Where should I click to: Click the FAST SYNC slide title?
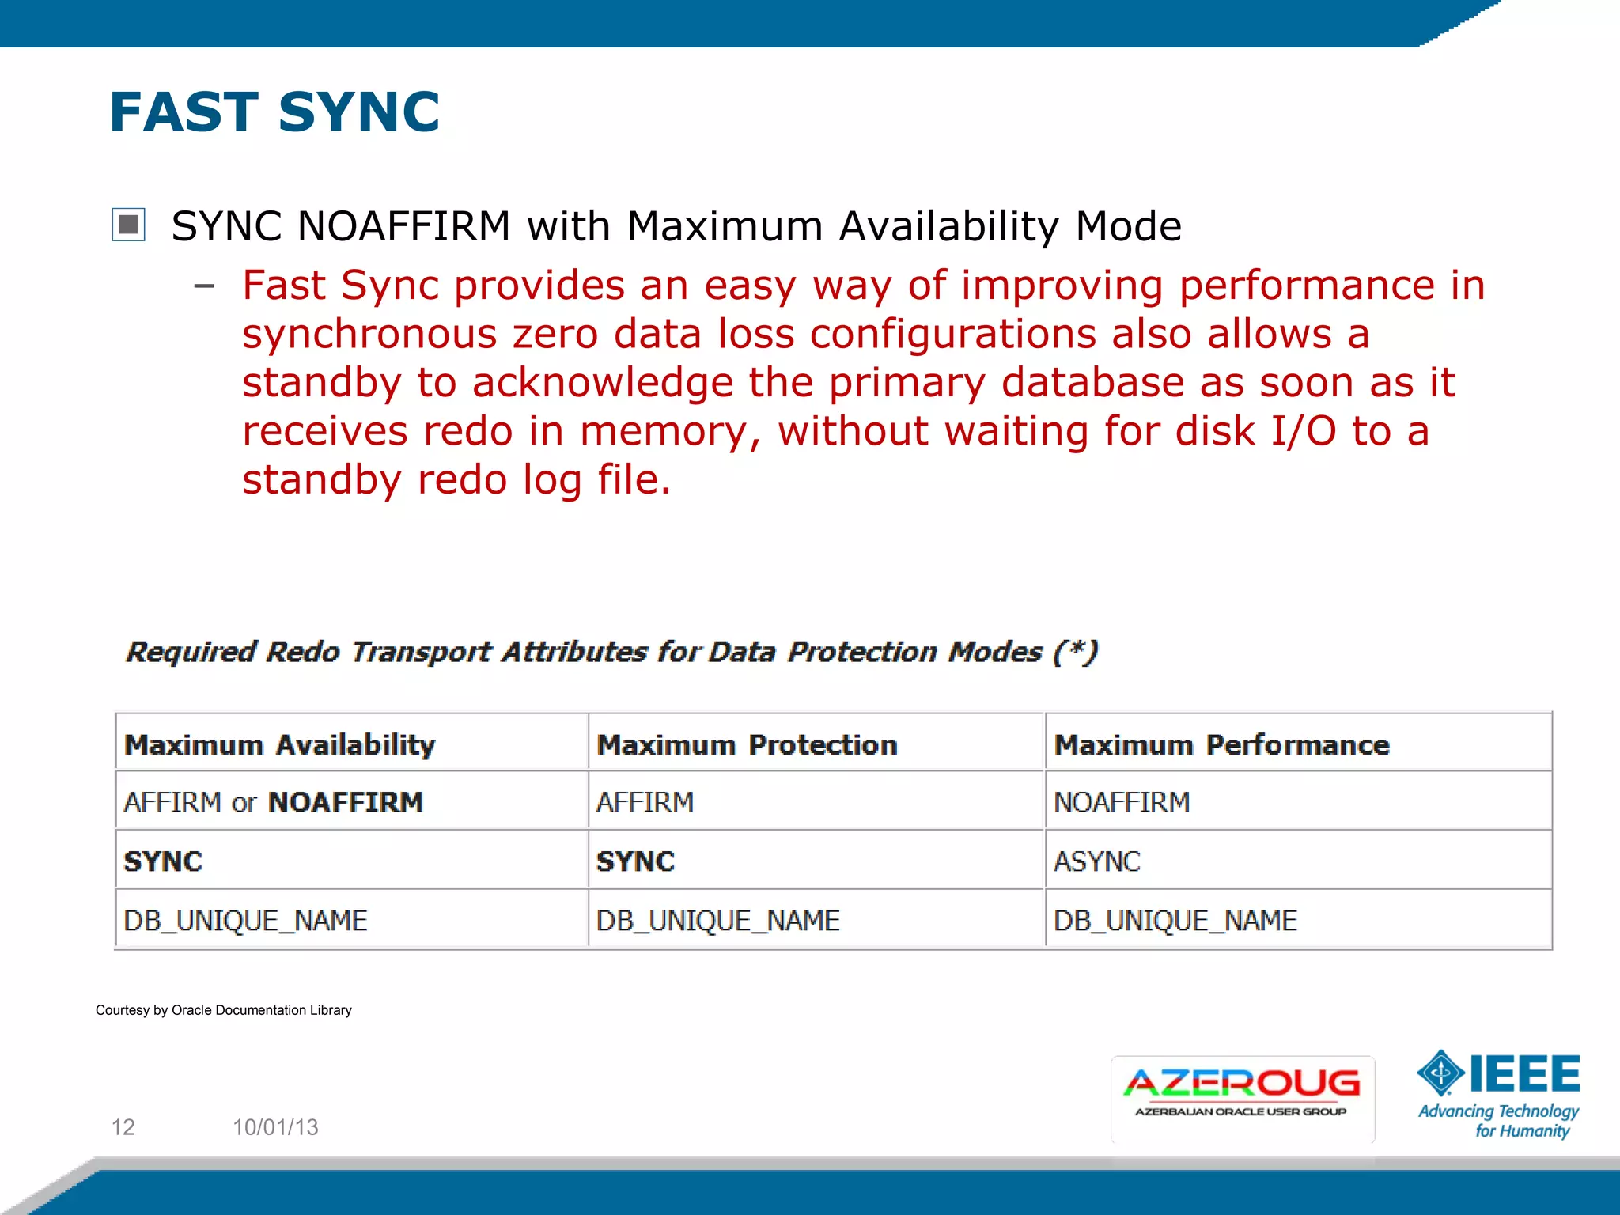click(x=274, y=112)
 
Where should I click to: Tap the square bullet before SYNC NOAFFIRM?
click(x=128, y=225)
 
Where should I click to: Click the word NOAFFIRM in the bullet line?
click(x=403, y=227)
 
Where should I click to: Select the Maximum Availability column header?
click(x=280, y=744)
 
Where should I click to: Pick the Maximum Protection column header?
click(x=747, y=744)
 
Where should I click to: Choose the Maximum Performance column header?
click(x=1221, y=744)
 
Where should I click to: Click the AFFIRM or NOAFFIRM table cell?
click(x=274, y=802)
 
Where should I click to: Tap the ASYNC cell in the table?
click(x=1097, y=861)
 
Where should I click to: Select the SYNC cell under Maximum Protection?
click(x=635, y=861)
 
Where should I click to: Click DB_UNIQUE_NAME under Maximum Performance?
click(x=1175, y=920)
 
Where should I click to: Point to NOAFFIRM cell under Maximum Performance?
click(x=1122, y=802)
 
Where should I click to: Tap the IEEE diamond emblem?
click(x=1440, y=1073)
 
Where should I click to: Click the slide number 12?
click(x=123, y=1126)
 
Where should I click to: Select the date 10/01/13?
click(x=275, y=1126)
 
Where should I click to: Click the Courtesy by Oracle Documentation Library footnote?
click(x=224, y=1010)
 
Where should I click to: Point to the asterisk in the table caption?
click(x=1075, y=649)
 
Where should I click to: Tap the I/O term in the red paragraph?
click(x=1303, y=431)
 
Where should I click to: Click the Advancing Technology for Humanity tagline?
click(x=1498, y=1121)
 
